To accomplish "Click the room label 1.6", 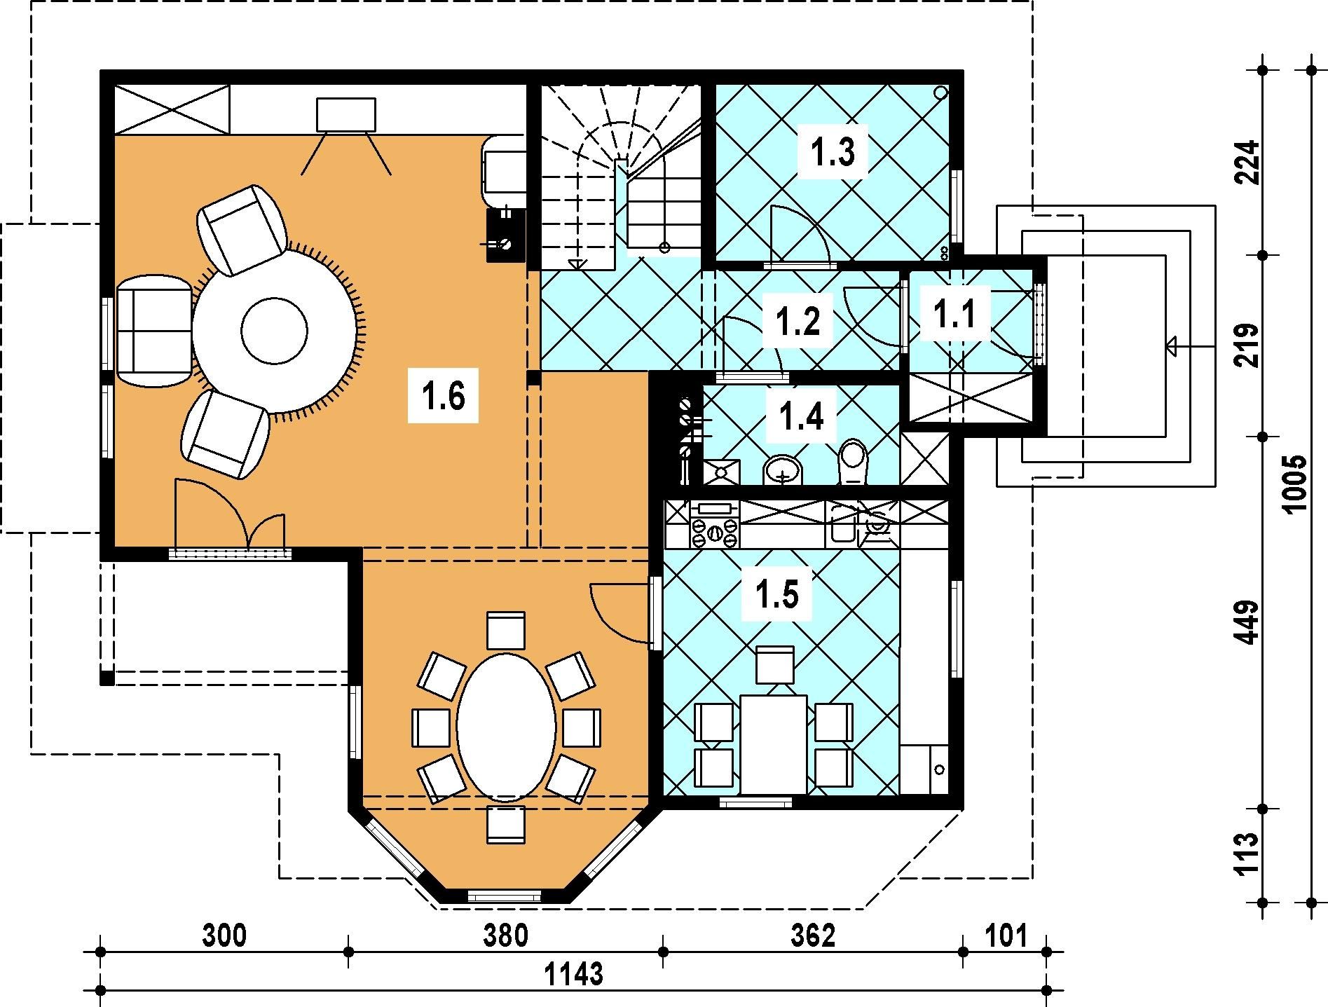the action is point(444,397).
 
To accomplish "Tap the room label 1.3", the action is point(833,153).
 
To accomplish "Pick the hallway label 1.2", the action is point(798,320).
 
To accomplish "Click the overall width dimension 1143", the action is point(573,974).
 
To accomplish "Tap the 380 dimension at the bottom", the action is point(506,936).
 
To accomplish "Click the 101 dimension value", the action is point(1006,936).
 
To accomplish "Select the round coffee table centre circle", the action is point(274,331).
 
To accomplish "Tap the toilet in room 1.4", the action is point(853,462).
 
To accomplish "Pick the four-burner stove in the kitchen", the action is point(714,525).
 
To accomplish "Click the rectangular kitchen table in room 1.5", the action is point(774,744).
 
